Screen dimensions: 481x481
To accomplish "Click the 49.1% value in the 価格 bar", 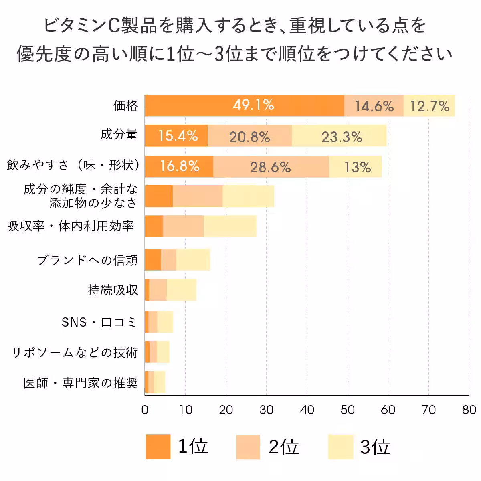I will tap(253, 105).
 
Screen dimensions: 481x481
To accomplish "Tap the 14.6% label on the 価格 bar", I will tap(374, 106).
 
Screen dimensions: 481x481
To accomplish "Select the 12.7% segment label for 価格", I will tap(429, 106).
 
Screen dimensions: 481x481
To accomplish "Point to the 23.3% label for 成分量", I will tap(342, 137).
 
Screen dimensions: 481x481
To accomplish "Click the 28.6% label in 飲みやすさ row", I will tap(270, 167).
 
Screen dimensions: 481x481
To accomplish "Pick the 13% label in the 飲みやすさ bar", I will tap(358, 167).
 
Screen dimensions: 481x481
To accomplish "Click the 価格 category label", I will tap(125, 106).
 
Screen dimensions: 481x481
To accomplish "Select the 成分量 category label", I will tap(119, 134).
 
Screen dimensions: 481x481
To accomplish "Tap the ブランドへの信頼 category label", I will tap(87, 260).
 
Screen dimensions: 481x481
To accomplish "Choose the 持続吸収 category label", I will tap(113, 290).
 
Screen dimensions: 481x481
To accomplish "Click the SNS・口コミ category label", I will tap(99, 322).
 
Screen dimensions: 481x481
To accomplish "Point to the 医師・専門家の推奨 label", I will tap(81, 383).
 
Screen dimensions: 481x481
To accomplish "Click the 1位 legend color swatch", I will tap(158, 446).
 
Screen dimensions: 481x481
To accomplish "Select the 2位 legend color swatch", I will tap(248, 446).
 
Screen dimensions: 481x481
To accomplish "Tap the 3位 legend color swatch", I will tap(340, 446).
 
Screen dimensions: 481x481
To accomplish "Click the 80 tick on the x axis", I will tap(469, 410).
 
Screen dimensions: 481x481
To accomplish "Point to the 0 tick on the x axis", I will tap(145, 410).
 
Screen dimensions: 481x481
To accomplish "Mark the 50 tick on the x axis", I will tap(347, 410).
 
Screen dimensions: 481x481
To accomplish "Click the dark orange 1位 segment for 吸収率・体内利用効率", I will tap(154, 226).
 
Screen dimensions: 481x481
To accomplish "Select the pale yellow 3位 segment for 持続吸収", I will tap(181, 290).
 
